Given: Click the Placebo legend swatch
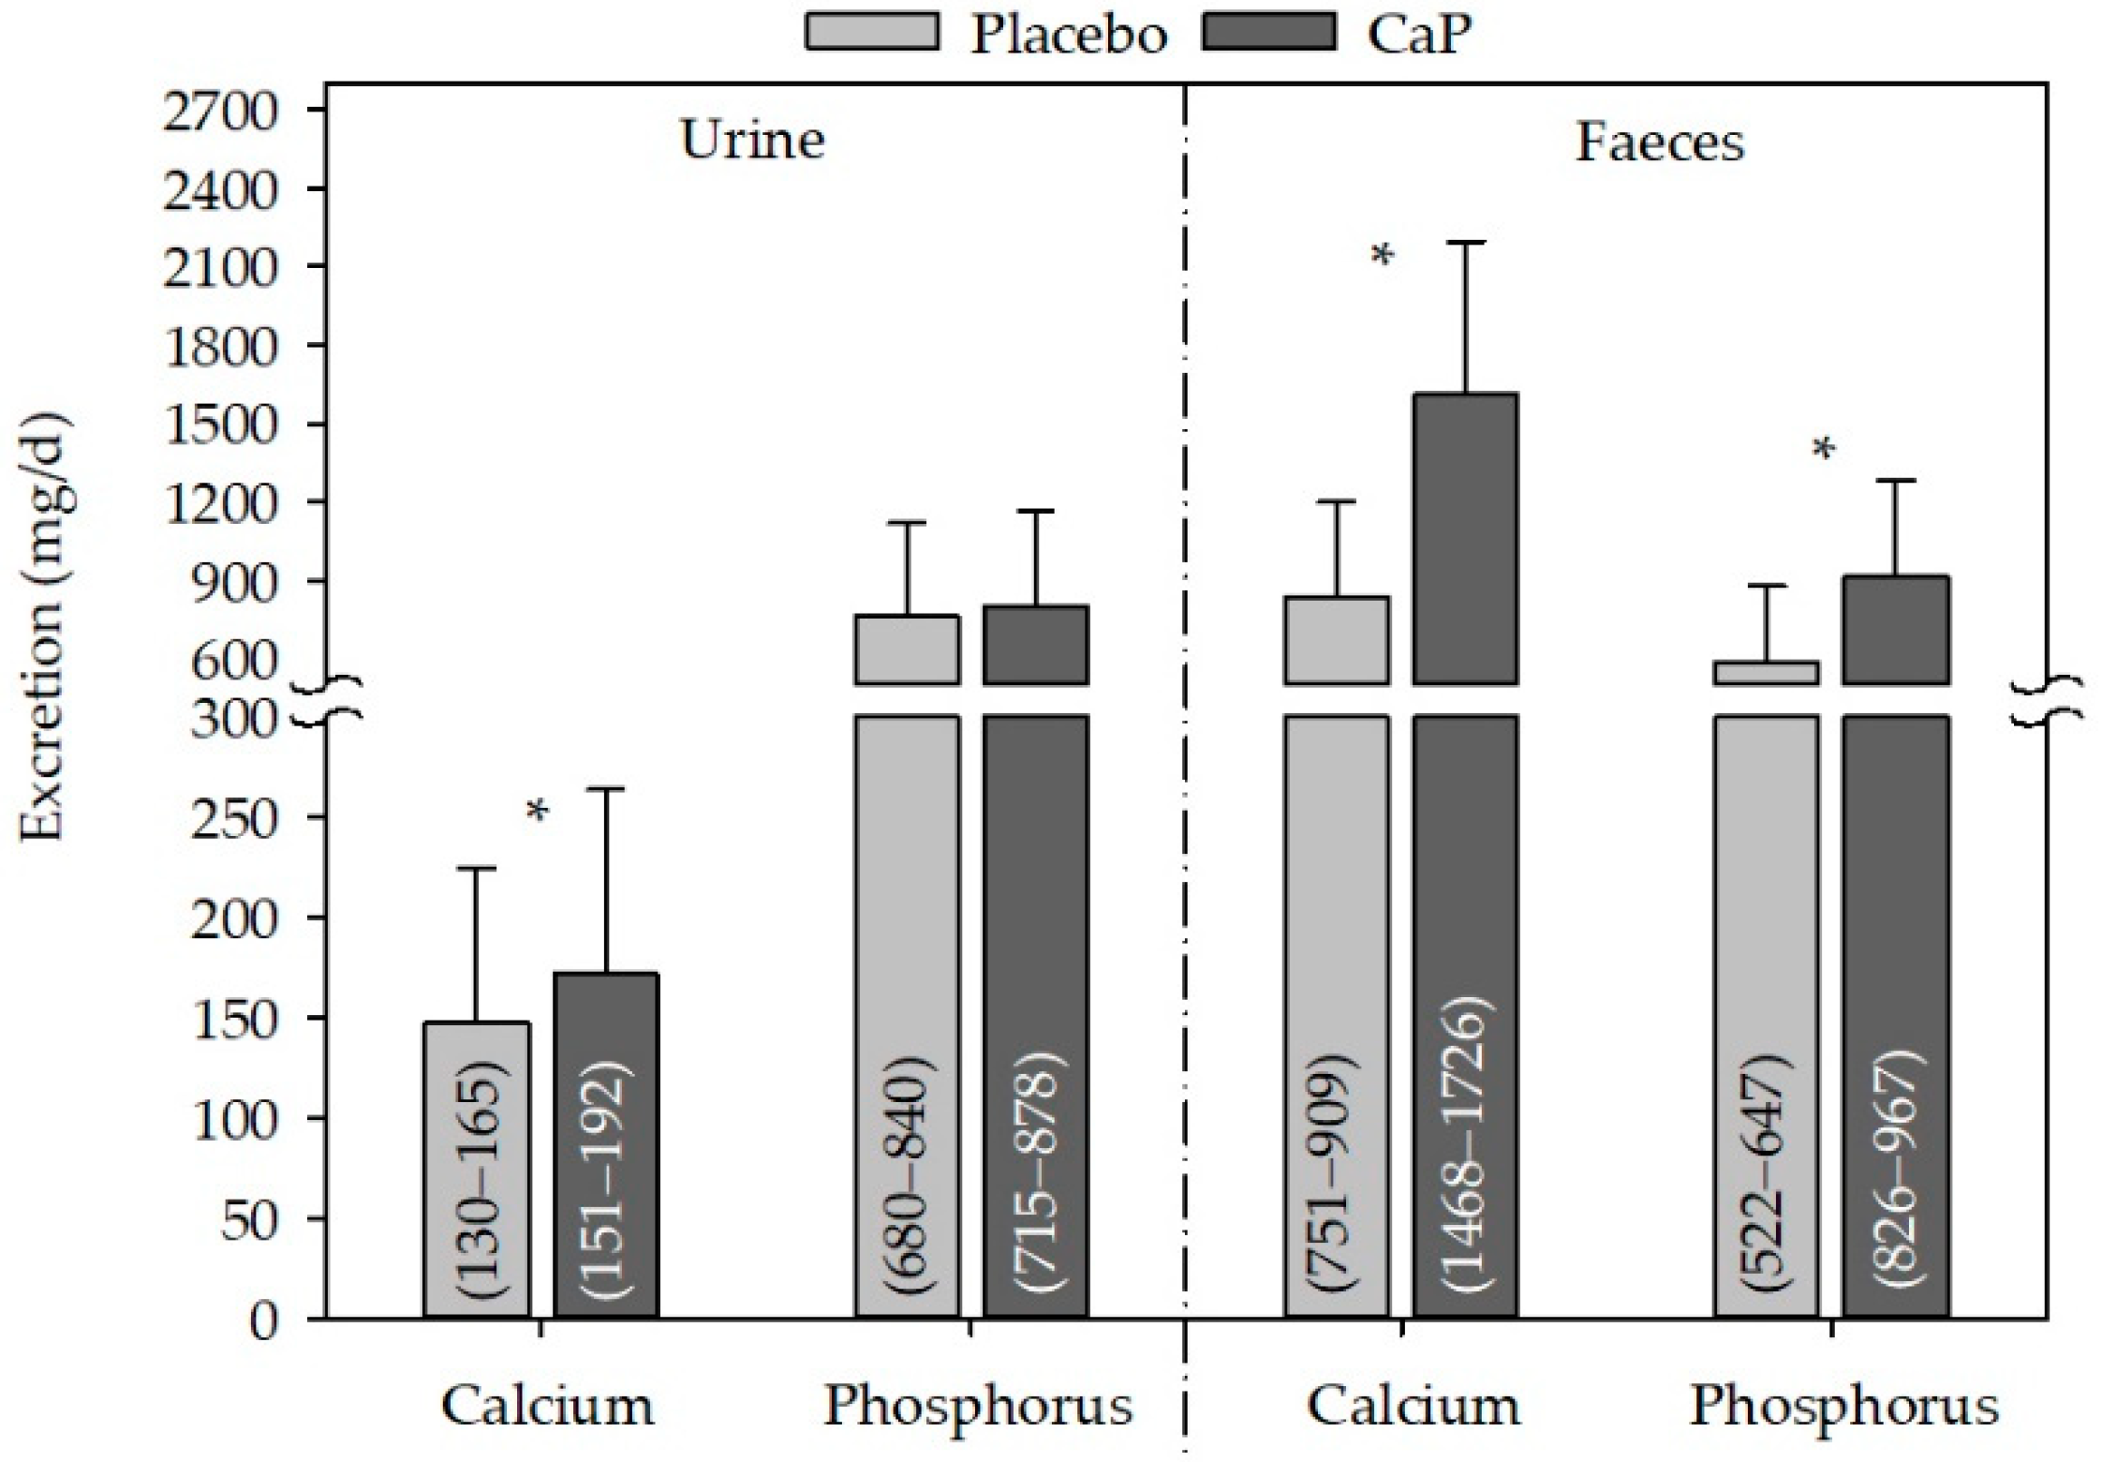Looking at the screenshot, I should pos(872,31).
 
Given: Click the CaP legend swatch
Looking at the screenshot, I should pos(1268,31).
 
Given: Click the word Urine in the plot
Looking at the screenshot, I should pos(752,142).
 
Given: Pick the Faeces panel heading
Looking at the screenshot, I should pos(1660,143).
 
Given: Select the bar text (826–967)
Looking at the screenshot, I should pos(1897,1171).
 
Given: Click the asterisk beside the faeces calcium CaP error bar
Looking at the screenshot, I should pos(1383,257).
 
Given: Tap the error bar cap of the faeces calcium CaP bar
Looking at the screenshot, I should pos(1465,242).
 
